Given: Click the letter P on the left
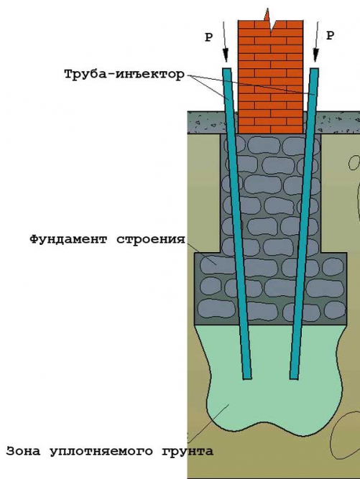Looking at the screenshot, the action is click(208, 37).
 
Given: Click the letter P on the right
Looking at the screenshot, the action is click(330, 36).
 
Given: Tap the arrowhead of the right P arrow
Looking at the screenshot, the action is click(316, 55).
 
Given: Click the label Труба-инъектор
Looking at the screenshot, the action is click(124, 74).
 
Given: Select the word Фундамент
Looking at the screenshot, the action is click(69, 239).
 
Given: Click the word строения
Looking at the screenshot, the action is click(152, 239).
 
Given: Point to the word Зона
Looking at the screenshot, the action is click(23, 451).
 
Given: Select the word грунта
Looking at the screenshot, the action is click(188, 452).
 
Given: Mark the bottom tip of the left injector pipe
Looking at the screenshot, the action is click(247, 378).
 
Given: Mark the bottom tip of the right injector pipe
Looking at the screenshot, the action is click(294, 378).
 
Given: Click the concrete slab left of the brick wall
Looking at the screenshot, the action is click(207, 123).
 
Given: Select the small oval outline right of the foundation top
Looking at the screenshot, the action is click(354, 162).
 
